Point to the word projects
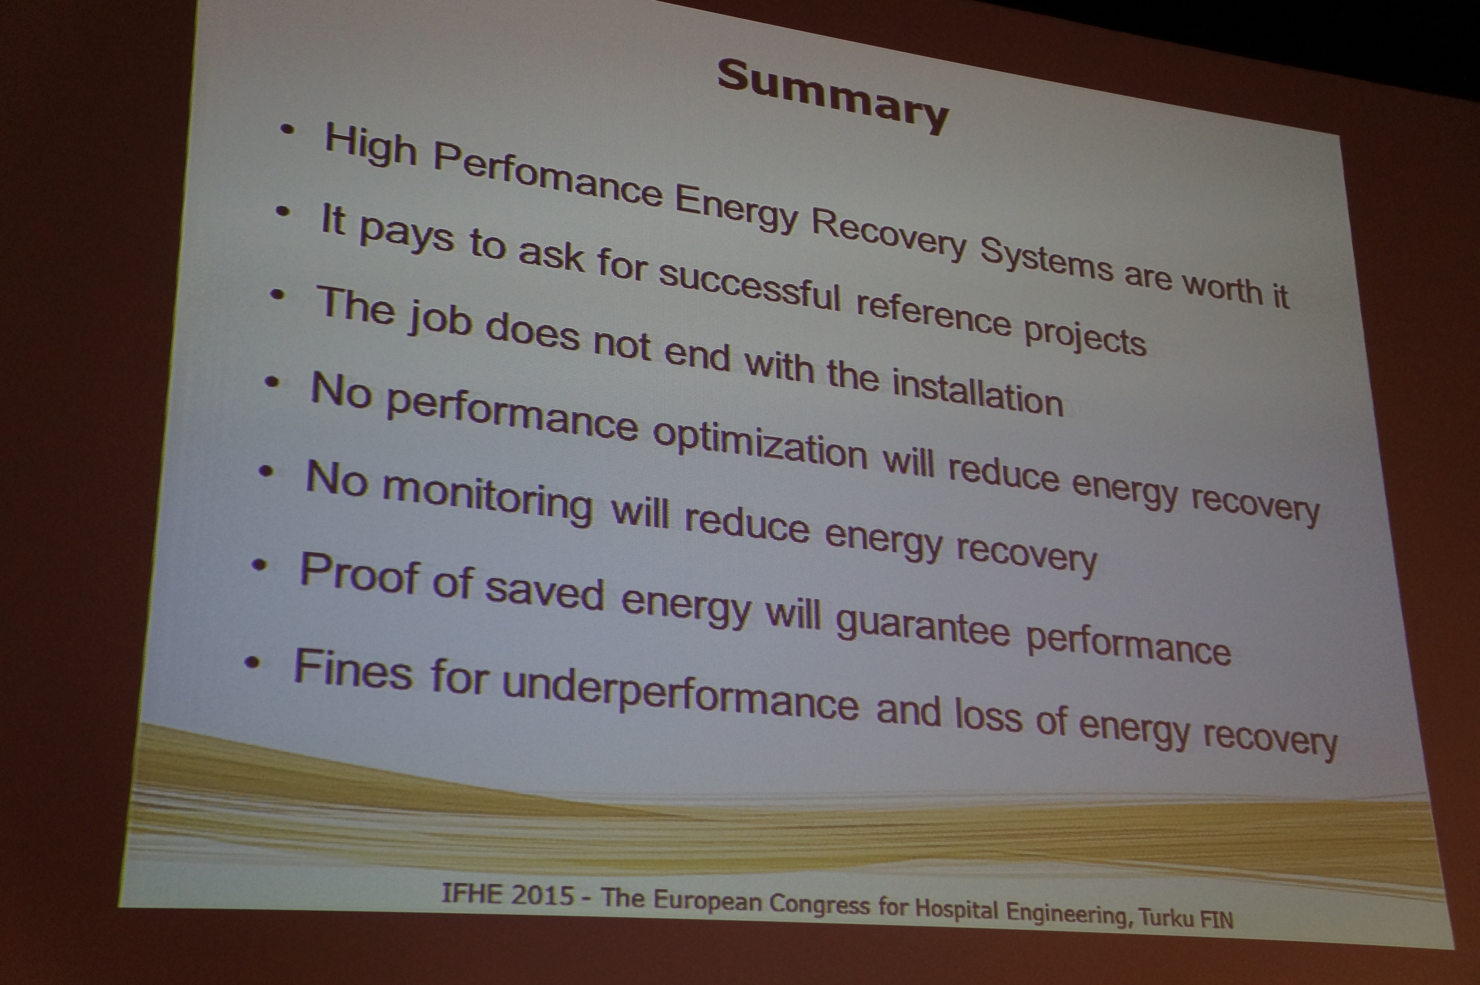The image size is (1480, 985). (1085, 336)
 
